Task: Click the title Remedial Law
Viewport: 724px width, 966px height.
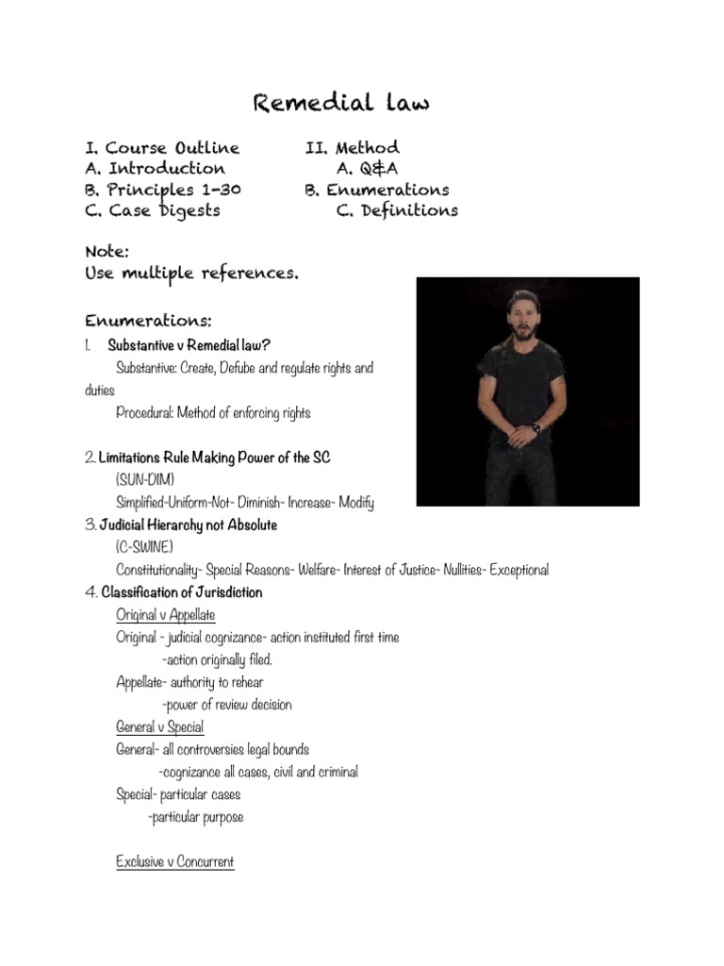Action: point(340,103)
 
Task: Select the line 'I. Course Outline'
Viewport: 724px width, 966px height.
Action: point(162,148)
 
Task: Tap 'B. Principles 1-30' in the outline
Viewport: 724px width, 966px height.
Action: point(163,190)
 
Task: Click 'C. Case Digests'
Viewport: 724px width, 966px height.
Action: point(153,210)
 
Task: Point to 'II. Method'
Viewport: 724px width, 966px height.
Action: point(352,148)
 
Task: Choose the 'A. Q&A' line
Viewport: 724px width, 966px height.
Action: point(368,169)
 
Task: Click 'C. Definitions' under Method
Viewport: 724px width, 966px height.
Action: point(397,210)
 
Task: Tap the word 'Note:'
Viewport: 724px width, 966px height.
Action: point(107,252)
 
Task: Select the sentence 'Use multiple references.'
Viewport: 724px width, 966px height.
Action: point(192,274)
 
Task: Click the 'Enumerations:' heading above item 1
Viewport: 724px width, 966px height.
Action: point(148,322)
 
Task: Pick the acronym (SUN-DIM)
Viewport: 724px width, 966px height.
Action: point(145,480)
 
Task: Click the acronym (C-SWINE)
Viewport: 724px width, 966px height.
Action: point(144,547)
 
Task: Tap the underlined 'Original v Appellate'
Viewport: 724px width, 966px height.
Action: point(166,615)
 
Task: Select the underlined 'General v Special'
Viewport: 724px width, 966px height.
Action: point(160,727)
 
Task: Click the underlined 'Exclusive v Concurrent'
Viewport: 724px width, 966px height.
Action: point(175,861)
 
